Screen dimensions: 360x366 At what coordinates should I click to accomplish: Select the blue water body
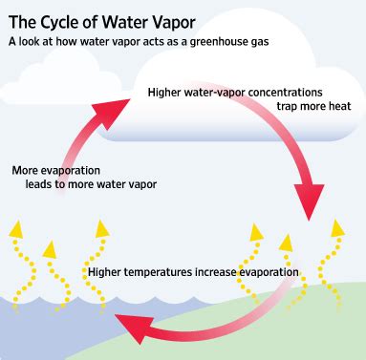(x=48, y=325)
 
